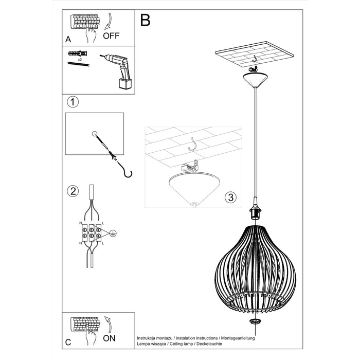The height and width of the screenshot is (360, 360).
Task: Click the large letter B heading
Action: [145, 21]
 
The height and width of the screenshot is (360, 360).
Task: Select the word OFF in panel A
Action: [111, 35]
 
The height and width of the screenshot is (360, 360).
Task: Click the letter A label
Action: [68, 39]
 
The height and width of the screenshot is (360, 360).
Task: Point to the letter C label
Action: [68, 342]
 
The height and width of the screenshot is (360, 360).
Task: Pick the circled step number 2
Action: [73, 192]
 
